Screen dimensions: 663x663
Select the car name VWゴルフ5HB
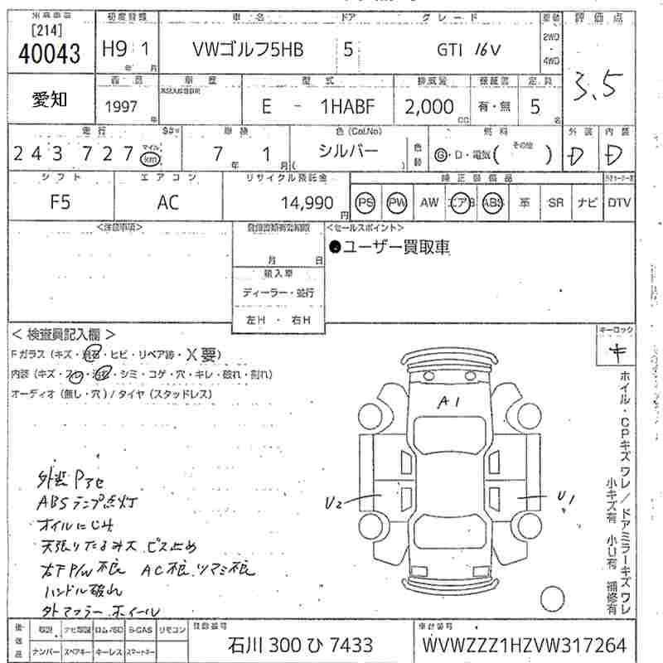pos(248,50)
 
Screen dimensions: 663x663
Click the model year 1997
pos(123,107)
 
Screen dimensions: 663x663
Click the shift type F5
pos(60,202)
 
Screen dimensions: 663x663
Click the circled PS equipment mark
pos(365,202)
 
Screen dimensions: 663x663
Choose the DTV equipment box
pos(618,202)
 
